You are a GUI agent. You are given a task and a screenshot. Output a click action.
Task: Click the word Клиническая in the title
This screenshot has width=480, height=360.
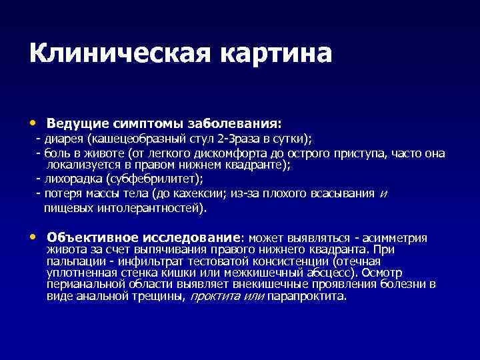113,53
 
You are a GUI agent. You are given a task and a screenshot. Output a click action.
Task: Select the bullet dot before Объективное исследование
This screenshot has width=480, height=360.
33,237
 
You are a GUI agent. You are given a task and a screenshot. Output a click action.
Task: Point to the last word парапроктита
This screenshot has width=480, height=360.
306,296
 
